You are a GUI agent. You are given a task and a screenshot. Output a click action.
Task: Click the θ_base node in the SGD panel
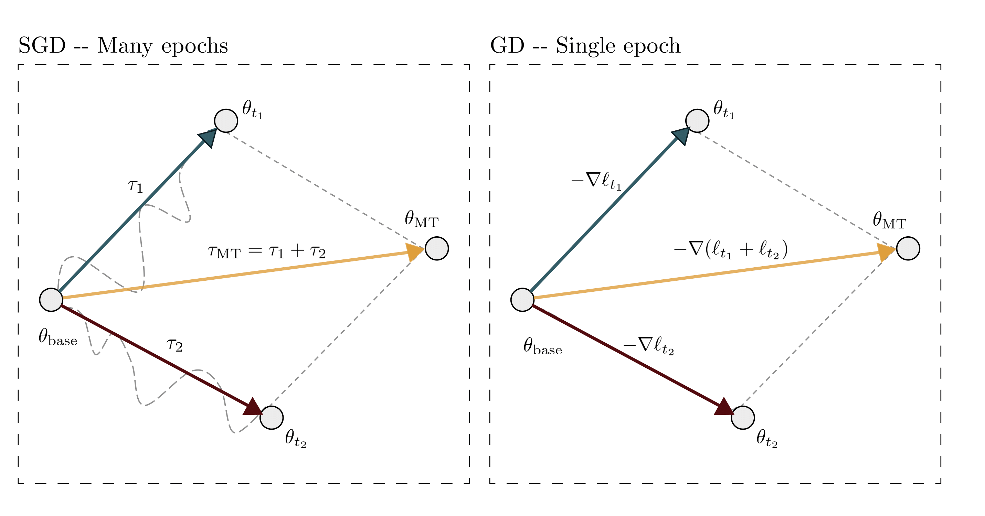51,300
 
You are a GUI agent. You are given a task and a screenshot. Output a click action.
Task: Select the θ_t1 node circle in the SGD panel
226,121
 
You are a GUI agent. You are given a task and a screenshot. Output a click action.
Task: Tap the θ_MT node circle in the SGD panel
437,248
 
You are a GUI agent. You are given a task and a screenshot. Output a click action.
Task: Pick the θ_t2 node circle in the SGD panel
272,418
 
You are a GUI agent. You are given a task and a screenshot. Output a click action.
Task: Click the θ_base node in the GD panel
522,300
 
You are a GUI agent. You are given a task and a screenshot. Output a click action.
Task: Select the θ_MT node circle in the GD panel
908,248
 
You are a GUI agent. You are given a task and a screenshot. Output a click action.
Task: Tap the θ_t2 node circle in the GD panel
743,418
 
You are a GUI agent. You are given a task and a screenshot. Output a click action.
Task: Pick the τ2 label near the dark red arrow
175,345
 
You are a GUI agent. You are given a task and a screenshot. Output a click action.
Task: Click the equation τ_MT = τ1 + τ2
266,251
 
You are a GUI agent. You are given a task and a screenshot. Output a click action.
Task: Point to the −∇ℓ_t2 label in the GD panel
648,346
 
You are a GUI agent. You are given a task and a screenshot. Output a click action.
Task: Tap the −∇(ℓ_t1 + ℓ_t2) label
731,250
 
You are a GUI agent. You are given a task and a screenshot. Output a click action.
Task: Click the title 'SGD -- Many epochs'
123,46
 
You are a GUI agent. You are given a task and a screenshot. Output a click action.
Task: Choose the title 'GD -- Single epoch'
585,46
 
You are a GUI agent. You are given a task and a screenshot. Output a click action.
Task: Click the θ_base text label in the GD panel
543,347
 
